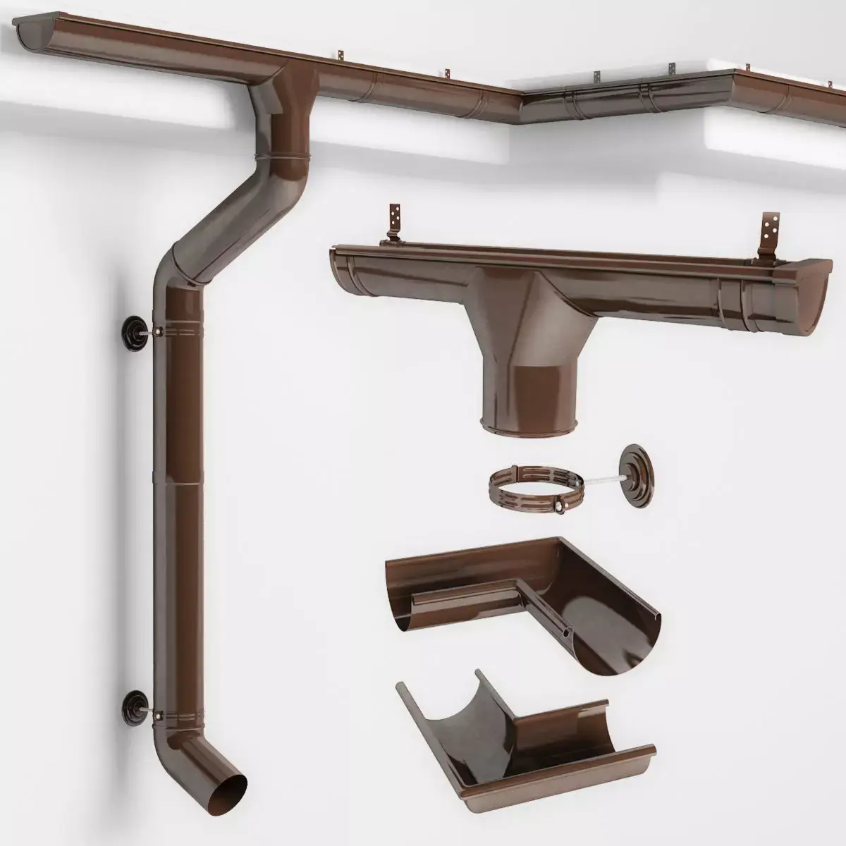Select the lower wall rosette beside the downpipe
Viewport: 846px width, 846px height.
(x=132, y=703)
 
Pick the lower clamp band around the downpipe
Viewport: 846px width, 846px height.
(x=176, y=706)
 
